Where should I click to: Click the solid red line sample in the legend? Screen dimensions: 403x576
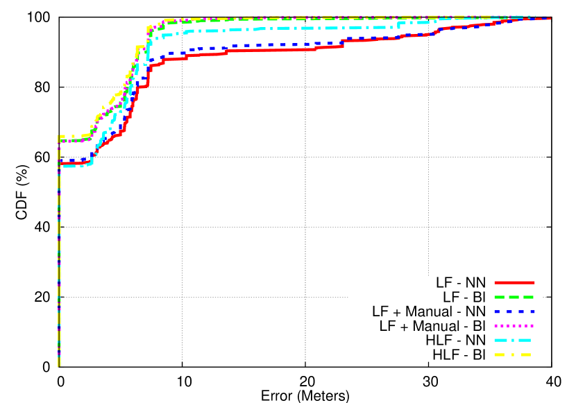(x=514, y=282)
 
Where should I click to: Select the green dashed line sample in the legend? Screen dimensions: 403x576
(x=514, y=297)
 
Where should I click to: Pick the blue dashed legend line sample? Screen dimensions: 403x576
(x=514, y=311)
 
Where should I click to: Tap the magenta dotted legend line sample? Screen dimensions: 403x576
(x=514, y=325)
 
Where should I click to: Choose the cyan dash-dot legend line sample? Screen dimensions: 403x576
(x=514, y=340)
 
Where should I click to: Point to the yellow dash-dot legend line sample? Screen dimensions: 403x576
(x=514, y=354)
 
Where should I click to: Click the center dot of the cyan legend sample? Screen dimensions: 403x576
(x=514, y=340)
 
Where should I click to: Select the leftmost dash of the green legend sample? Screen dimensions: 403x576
(x=499, y=297)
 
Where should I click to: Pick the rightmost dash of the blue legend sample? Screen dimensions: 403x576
(x=531, y=311)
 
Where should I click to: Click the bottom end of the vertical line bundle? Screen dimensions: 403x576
(x=60, y=366)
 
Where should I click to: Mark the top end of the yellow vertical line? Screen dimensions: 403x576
(x=60, y=136)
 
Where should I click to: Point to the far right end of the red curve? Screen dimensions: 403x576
(x=550, y=18)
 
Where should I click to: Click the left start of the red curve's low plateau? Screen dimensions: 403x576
(x=62, y=163)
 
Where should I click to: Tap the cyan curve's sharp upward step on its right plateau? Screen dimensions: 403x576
(x=399, y=24)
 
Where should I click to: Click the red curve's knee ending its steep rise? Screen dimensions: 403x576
(x=149, y=66)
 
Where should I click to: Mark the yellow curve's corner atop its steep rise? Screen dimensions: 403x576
(x=149, y=28)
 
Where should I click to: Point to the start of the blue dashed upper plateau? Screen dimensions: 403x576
(x=162, y=55)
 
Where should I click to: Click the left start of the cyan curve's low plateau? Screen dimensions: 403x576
(x=62, y=166)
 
